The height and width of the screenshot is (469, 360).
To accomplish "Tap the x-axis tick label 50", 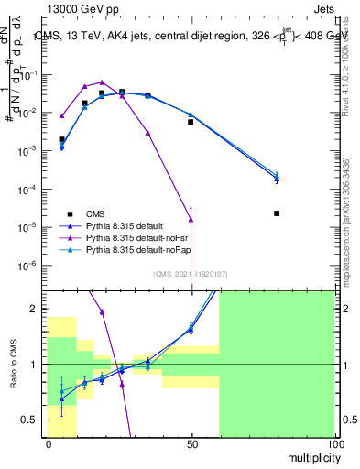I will pos(191,442).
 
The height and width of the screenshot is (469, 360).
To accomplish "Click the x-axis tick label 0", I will pos(49,442).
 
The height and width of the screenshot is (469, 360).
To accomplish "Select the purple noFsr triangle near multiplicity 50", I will pos(191,219).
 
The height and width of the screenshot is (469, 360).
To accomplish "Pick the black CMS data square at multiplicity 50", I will pos(191,121).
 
